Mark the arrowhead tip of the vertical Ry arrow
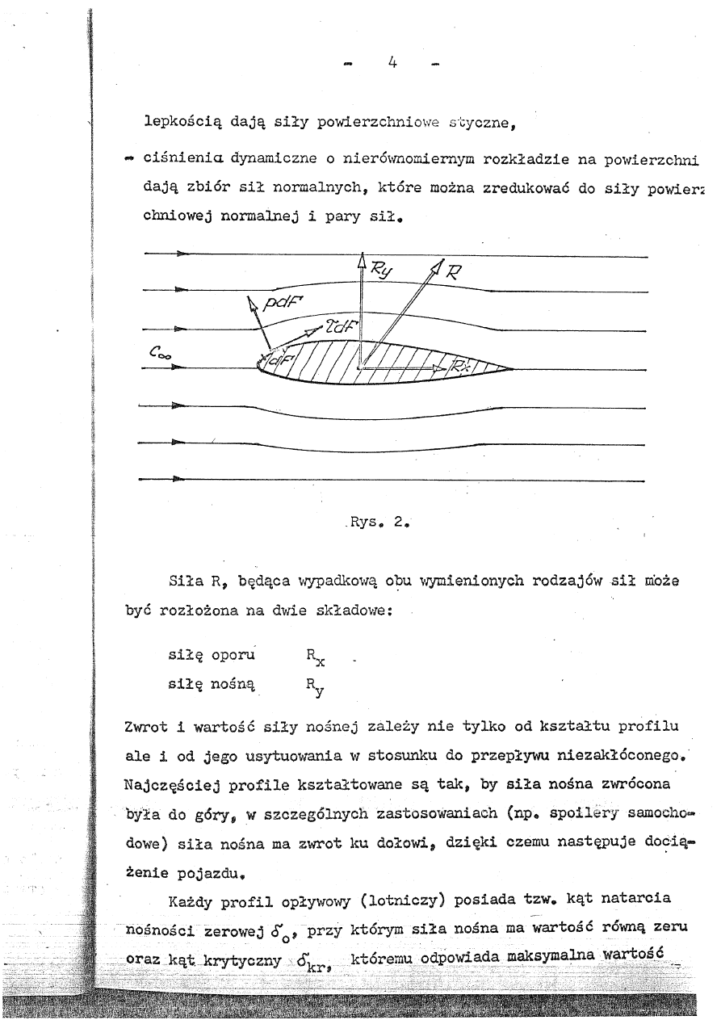(361, 257)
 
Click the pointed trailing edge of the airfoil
(513, 370)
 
